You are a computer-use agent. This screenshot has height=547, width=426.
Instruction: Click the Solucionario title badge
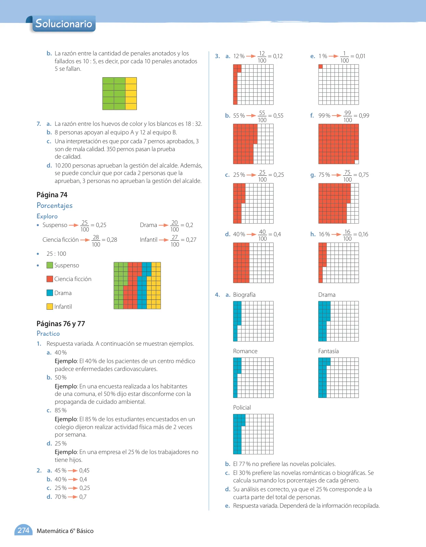point(64,23)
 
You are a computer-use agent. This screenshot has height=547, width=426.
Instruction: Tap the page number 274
point(23,530)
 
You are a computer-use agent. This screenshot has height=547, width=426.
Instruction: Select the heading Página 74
point(52,195)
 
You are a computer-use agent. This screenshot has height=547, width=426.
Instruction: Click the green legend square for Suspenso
point(50,265)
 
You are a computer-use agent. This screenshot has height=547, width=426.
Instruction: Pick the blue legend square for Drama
point(50,293)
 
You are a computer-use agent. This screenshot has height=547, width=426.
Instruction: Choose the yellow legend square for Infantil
point(50,306)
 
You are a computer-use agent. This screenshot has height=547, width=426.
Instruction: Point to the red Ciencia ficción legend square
point(50,279)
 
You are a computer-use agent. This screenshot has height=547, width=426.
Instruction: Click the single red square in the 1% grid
point(321,66)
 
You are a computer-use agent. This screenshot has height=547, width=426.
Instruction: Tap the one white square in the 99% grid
point(357,162)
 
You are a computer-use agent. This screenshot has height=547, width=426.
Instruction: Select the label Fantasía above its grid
point(328,351)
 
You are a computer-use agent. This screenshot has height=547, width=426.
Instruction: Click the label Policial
point(242,407)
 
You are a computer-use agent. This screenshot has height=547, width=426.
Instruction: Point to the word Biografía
point(244,294)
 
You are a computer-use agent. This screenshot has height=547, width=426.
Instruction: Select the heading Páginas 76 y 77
point(61,323)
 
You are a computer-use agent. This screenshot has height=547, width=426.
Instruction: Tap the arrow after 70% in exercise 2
point(73,497)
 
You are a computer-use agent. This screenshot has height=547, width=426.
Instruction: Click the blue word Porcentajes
point(54,205)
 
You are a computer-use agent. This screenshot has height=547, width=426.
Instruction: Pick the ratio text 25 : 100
point(56,253)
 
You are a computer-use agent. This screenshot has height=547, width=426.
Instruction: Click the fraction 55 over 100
point(262,116)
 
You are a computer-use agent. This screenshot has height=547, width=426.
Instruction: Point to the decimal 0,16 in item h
point(363,234)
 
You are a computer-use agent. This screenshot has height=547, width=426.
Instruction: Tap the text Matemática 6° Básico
point(65,531)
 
